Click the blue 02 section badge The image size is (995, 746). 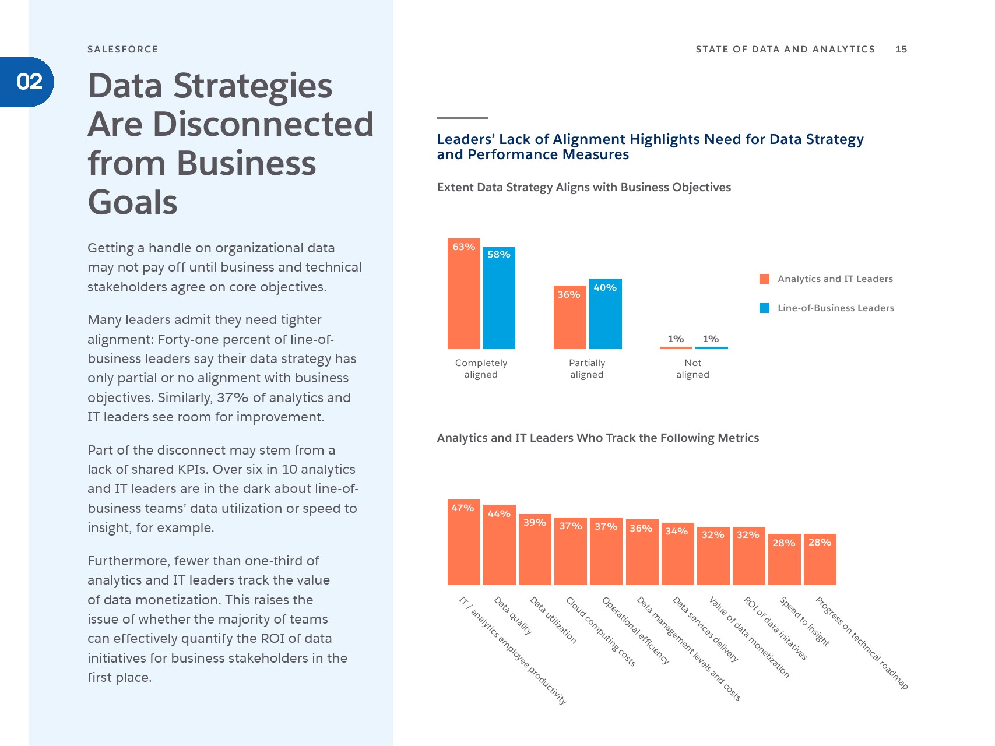(29, 82)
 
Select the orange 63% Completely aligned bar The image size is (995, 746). (463, 294)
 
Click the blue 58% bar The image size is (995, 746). (499, 298)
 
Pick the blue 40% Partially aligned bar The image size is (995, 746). (605, 314)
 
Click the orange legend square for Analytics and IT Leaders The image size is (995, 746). (764, 279)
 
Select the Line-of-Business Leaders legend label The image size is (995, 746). (835, 308)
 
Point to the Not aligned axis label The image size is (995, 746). (692, 368)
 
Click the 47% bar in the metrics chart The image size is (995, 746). (463, 543)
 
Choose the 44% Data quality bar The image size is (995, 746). (499, 545)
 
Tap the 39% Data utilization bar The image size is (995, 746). (535, 550)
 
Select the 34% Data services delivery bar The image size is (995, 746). (677, 554)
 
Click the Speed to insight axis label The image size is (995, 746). (804, 621)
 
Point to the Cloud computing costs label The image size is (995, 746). (600, 631)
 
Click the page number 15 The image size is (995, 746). (901, 49)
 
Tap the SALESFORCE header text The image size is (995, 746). (122, 49)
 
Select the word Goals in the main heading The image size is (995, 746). (132, 202)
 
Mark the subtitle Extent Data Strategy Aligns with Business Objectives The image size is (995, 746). (583, 187)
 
